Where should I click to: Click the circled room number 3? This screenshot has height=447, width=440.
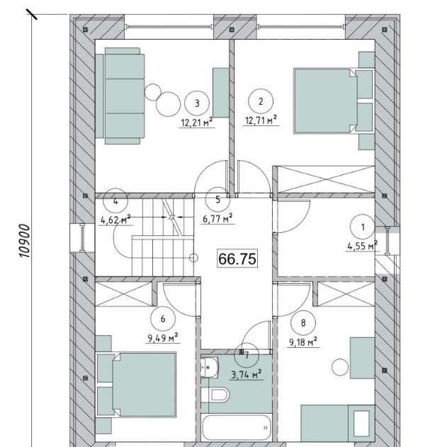(197, 103)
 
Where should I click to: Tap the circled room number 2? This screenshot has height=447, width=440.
(261, 101)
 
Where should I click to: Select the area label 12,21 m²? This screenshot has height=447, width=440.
(197, 123)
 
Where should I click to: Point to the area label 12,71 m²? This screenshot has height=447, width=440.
(261, 120)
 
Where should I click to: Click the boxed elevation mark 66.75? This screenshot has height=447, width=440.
(237, 259)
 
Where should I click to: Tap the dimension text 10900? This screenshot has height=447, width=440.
(24, 241)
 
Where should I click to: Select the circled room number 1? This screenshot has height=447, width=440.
(363, 227)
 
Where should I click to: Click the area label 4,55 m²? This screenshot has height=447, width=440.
(362, 246)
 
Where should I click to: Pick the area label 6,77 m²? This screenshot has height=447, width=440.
(218, 219)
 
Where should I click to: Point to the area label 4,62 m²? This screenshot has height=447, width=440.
(115, 220)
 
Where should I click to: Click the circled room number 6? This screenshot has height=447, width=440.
(163, 319)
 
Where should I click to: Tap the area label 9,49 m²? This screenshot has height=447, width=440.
(163, 338)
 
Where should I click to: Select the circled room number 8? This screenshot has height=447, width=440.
(303, 323)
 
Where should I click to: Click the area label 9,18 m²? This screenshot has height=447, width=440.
(303, 342)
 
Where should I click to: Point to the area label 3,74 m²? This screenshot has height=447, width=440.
(247, 375)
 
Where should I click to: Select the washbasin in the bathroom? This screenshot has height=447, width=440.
(209, 368)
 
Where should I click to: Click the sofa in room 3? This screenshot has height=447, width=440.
(120, 96)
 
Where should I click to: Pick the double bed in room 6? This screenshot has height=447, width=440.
(136, 385)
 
